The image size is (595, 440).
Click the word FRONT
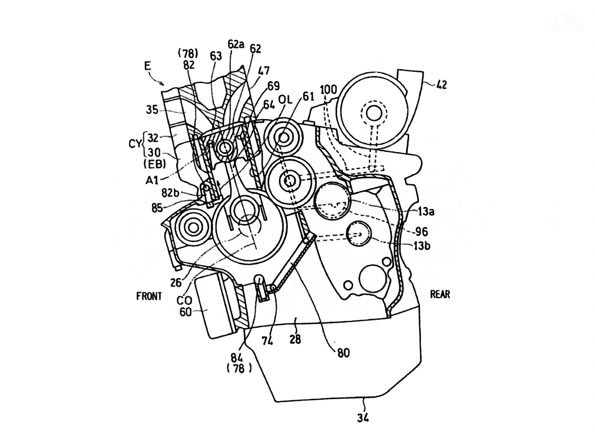149,296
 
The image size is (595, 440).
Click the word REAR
440,294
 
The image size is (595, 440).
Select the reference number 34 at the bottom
363,418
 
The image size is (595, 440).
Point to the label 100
328,89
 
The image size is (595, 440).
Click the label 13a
426,212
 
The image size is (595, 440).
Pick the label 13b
422,245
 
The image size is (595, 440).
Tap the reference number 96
422,231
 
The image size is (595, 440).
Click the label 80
344,353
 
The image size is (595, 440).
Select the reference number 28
295,340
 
